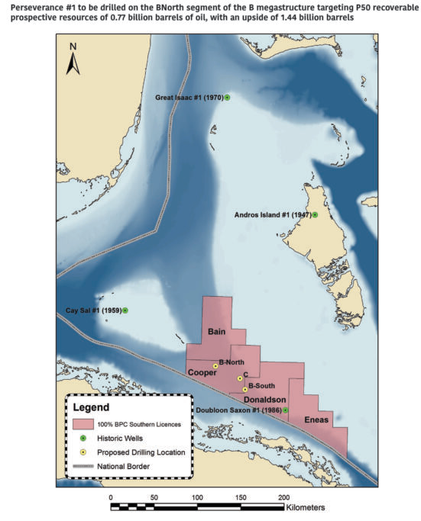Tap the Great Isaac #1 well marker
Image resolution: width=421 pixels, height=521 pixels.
pyautogui.click(x=227, y=98)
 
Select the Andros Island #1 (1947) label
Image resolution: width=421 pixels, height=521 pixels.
pyautogui.click(x=271, y=215)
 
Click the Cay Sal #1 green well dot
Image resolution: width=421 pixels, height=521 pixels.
pyautogui.click(x=125, y=310)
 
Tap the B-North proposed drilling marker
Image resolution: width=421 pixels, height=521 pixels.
pyautogui.click(x=215, y=366)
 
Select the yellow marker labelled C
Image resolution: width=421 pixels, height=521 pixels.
pyautogui.click(x=240, y=378)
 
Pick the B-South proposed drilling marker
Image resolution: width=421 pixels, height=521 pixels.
pyautogui.click(x=245, y=389)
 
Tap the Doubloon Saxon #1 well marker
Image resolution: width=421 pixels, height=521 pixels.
pyautogui.click(x=286, y=410)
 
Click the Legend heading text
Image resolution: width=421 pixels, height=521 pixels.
pyautogui.click(x=92, y=408)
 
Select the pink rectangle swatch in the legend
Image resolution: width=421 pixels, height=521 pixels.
pyautogui.click(x=83, y=424)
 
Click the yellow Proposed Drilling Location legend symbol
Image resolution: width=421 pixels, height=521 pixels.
pyautogui.click(x=83, y=452)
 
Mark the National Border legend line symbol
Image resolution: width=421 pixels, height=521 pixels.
pyautogui.click(x=83, y=465)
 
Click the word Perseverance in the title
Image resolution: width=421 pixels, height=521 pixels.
pyautogui.click(x=31, y=6)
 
